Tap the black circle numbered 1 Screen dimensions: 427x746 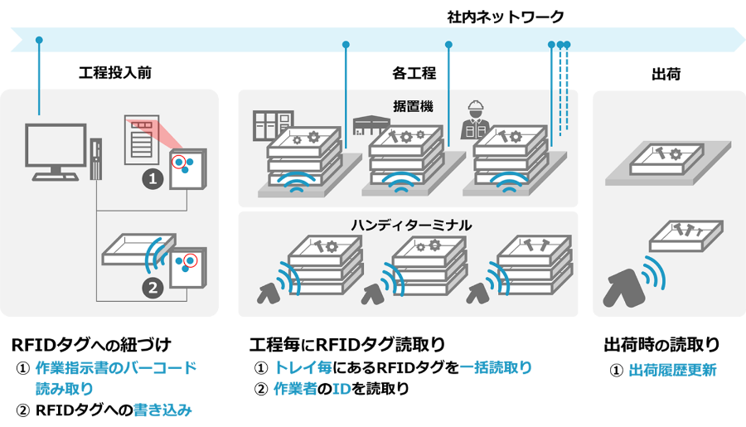click(x=153, y=177)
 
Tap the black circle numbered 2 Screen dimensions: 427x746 click(x=153, y=288)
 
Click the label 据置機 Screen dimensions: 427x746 click(x=413, y=106)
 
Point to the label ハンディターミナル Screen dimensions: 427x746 click(x=409, y=225)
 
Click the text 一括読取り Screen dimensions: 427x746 click(x=496, y=367)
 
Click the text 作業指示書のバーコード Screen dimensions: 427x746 click(x=115, y=367)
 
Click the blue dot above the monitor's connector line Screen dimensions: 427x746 click(x=39, y=39)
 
